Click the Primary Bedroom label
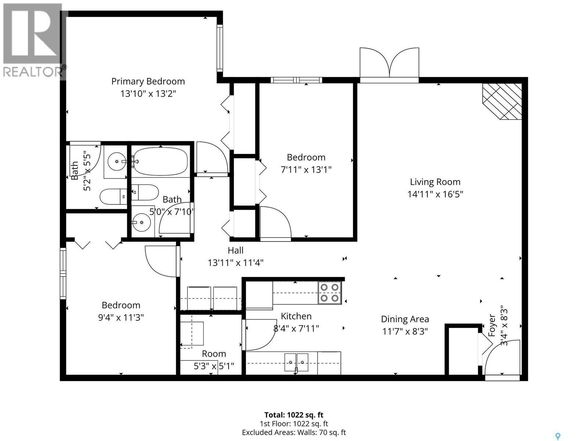tap(148, 81)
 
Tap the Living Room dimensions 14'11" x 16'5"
tap(435, 194)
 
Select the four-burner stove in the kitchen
tap(329, 293)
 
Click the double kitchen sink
tap(296, 362)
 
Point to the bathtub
tap(160, 161)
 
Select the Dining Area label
tap(405, 319)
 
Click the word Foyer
tap(492, 325)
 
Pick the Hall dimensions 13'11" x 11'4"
tap(235, 263)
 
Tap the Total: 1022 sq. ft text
tap(294, 415)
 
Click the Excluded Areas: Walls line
tap(294, 433)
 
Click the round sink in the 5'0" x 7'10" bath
tap(142, 222)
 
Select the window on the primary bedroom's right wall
tap(220, 48)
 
